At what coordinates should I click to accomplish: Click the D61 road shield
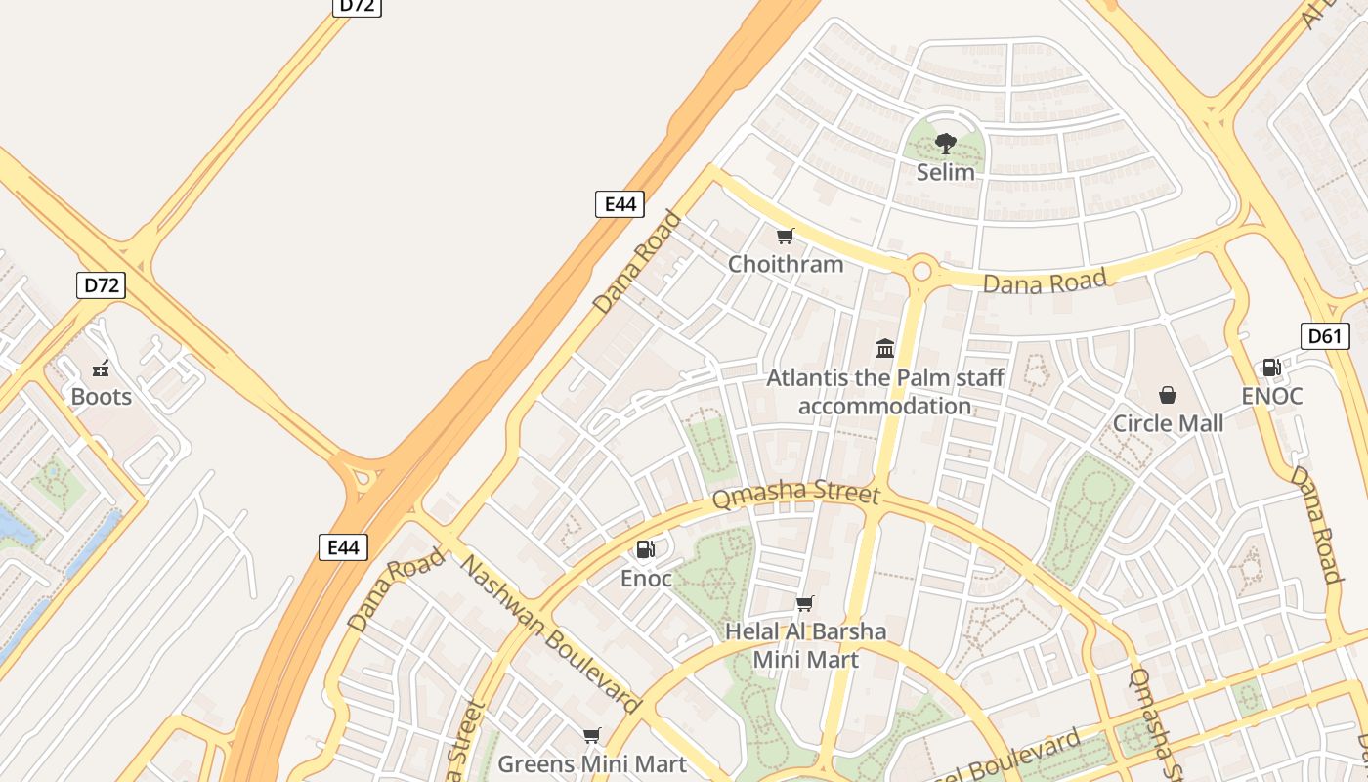tap(1325, 336)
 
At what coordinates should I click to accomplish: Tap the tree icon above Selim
tap(945, 144)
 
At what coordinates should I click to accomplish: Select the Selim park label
tap(945, 172)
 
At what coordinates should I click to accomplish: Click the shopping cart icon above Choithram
tap(785, 236)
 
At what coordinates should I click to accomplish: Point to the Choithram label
tap(786, 264)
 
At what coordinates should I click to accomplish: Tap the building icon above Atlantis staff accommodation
tap(885, 348)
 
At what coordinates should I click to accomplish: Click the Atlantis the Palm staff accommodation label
tap(885, 391)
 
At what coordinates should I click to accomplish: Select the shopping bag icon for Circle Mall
tap(1167, 395)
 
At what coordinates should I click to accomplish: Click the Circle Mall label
tap(1168, 423)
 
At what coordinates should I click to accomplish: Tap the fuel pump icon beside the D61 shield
tap(1271, 368)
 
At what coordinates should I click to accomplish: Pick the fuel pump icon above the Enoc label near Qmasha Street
tap(646, 550)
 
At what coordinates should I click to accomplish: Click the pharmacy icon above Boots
tap(101, 369)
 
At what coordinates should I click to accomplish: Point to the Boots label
tap(101, 397)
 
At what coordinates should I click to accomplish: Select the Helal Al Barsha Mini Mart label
tap(805, 645)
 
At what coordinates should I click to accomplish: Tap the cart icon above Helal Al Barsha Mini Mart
tap(804, 603)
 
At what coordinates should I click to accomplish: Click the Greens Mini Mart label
tap(592, 762)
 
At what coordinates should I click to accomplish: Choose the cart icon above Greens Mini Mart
tap(591, 735)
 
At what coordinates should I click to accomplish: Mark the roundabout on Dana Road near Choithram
tap(920, 269)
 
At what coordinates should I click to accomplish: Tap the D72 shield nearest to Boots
tap(102, 285)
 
